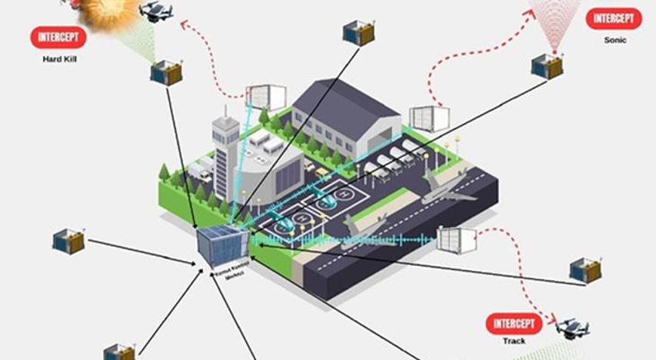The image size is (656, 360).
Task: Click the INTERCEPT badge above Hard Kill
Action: [58, 37]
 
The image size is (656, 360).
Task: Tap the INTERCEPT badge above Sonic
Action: [614, 19]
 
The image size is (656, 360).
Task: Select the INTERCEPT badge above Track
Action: [514, 324]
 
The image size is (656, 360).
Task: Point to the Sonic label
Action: [614, 39]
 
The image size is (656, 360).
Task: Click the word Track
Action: [514, 341]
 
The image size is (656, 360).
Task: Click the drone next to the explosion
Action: [156, 11]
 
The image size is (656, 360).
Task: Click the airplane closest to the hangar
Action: [446, 189]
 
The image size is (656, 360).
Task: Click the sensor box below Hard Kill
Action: [166, 72]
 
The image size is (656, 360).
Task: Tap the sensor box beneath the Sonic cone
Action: [547, 66]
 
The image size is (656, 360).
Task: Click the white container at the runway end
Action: [457, 239]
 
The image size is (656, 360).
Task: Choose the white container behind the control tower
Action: [266, 97]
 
